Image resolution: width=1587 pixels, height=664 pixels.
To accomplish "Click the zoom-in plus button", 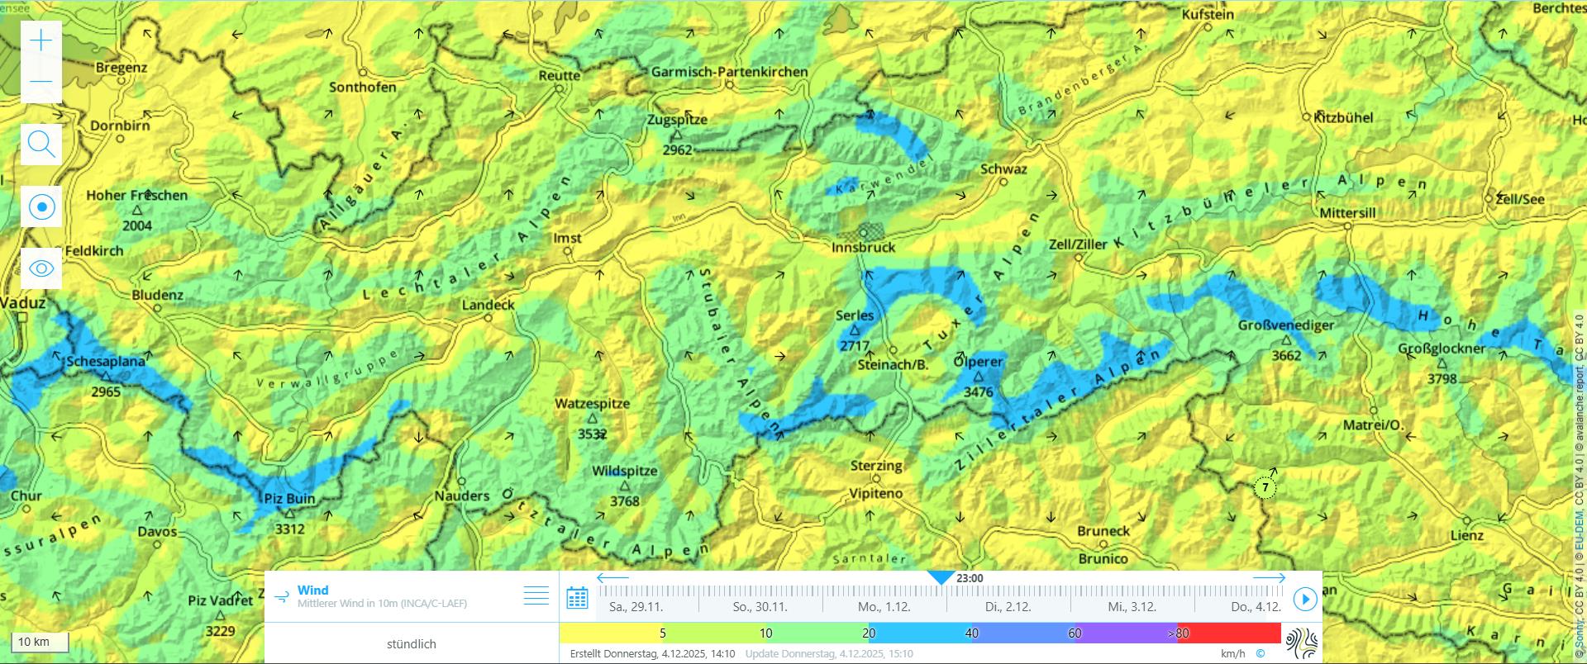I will tap(41, 40).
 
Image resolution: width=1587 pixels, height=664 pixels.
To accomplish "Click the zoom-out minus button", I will tap(41, 81).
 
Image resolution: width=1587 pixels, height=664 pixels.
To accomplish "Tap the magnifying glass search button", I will tap(41, 144).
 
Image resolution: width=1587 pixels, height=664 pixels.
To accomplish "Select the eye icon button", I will tap(41, 268).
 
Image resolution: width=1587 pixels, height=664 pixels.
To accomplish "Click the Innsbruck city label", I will tap(863, 247).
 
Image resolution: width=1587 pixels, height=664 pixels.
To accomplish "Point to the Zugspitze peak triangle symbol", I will tap(676, 135).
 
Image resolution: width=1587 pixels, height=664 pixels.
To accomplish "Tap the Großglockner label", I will tap(1442, 349).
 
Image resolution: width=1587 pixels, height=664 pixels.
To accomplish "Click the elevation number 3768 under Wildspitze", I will tap(624, 501).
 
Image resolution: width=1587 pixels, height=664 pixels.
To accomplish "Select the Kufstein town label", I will tap(1208, 15).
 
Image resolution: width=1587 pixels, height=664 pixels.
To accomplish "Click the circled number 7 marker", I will tap(1265, 488).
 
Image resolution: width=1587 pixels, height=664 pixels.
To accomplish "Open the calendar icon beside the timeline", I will tap(577, 598).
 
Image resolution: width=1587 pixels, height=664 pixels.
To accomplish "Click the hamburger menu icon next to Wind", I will tap(536, 595).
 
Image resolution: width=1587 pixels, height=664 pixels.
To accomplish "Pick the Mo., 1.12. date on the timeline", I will tap(884, 606).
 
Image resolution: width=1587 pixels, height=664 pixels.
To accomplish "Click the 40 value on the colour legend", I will tap(971, 633).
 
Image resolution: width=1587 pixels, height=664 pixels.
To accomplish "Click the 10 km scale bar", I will tap(40, 642).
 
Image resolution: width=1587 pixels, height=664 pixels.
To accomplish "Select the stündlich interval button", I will tap(411, 644).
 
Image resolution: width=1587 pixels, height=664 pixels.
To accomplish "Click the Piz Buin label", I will tap(289, 499).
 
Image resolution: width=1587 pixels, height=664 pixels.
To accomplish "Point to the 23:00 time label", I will tap(970, 578).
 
